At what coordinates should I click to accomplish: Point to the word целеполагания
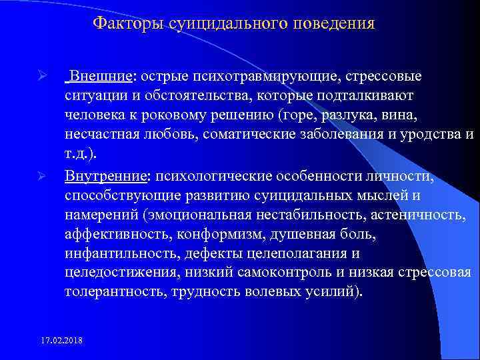(x=290, y=254)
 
